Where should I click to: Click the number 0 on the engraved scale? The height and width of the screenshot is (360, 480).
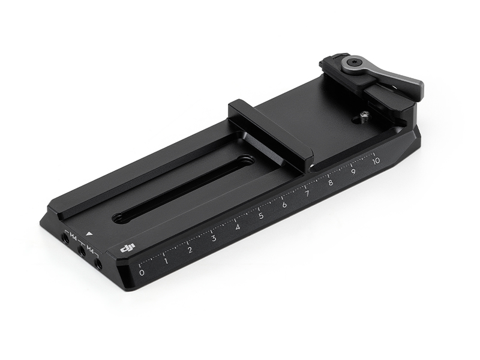[x=142, y=272]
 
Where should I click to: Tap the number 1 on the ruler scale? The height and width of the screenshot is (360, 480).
[x=166, y=261]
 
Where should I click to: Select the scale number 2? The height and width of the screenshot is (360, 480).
[x=190, y=250]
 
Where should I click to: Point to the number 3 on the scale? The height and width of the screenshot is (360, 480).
[x=214, y=238]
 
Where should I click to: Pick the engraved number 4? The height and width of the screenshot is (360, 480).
[x=238, y=227]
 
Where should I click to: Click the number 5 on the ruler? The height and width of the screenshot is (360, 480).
[x=261, y=216]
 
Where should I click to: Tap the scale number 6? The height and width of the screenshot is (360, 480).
[x=284, y=205]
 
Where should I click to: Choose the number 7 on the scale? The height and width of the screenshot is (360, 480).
[x=307, y=194]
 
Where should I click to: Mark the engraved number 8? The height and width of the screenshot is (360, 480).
[x=331, y=183]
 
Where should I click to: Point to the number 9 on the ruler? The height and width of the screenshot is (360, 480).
[x=353, y=172]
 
